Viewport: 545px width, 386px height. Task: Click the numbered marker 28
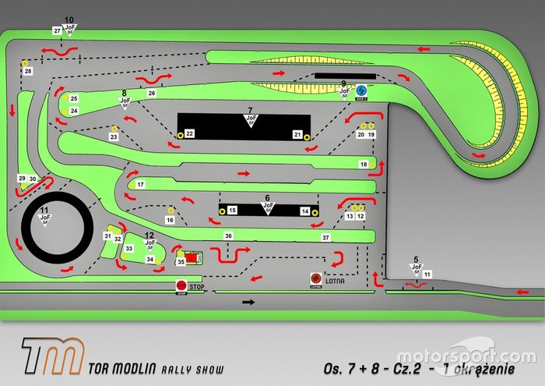point(27,71)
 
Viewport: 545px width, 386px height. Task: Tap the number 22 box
point(189,134)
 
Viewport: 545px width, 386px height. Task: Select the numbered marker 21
point(297,134)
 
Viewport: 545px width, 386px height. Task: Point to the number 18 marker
point(363,165)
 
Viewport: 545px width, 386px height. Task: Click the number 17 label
point(140,185)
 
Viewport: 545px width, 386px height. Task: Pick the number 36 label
point(228,235)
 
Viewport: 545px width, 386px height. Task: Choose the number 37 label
point(325,237)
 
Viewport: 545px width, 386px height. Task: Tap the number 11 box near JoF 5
point(427,274)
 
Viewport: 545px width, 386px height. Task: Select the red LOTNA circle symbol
point(315,278)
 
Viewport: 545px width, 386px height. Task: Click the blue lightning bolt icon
point(360,90)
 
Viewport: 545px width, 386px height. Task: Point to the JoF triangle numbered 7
point(251,121)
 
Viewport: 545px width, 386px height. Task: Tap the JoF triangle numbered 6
point(267,208)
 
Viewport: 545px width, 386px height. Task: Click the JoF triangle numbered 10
point(70,30)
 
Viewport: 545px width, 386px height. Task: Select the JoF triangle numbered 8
point(124,101)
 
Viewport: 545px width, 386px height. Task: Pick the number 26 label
point(152,93)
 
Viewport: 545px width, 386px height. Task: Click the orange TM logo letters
point(52,356)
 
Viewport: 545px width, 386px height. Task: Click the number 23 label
point(113,137)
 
